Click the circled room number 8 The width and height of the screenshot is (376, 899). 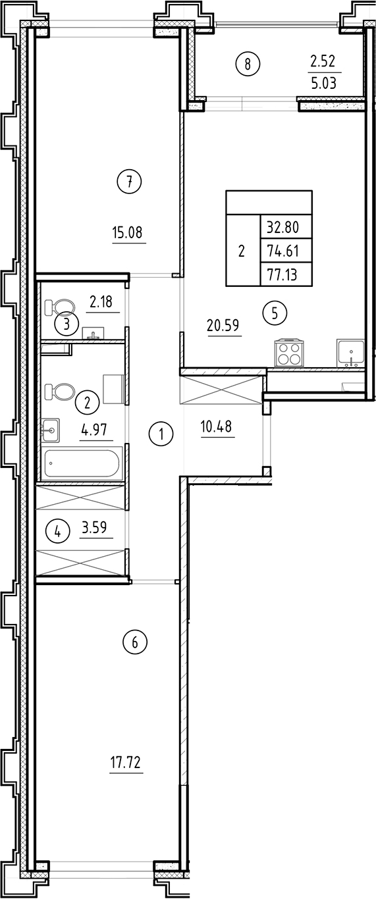(x=248, y=64)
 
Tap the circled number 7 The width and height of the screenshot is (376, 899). (x=130, y=182)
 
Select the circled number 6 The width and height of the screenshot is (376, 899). (x=135, y=642)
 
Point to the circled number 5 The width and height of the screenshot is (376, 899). (x=275, y=313)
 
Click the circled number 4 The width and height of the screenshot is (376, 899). (x=57, y=530)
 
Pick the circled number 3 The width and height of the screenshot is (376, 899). (x=67, y=323)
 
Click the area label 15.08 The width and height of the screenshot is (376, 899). (x=128, y=232)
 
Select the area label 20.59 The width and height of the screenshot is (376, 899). (x=225, y=325)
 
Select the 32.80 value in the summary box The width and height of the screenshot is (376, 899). (x=282, y=228)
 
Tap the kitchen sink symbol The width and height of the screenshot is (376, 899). (x=349, y=353)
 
